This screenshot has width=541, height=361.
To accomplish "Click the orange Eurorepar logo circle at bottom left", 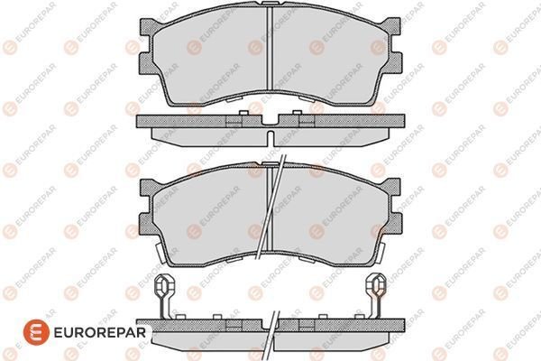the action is (x=36, y=332).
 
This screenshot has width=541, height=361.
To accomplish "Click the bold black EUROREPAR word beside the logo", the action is (x=100, y=333).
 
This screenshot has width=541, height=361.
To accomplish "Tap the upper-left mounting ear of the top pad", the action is (x=147, y=26).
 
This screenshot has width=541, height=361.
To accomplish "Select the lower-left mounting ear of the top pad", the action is (x=146, y=63).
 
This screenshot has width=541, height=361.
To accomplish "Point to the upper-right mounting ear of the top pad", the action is (x=392, y=26).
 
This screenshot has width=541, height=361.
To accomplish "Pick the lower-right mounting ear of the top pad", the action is (x=394, y=63).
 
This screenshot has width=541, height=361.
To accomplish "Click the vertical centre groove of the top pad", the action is (x=270, y=49).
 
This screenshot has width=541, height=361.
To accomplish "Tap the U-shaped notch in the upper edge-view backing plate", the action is (x=270, y=121).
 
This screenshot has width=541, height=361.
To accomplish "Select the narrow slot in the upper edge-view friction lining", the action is (x=270, y=138).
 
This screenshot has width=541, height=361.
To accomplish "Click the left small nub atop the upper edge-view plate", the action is (x=243, y=113).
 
